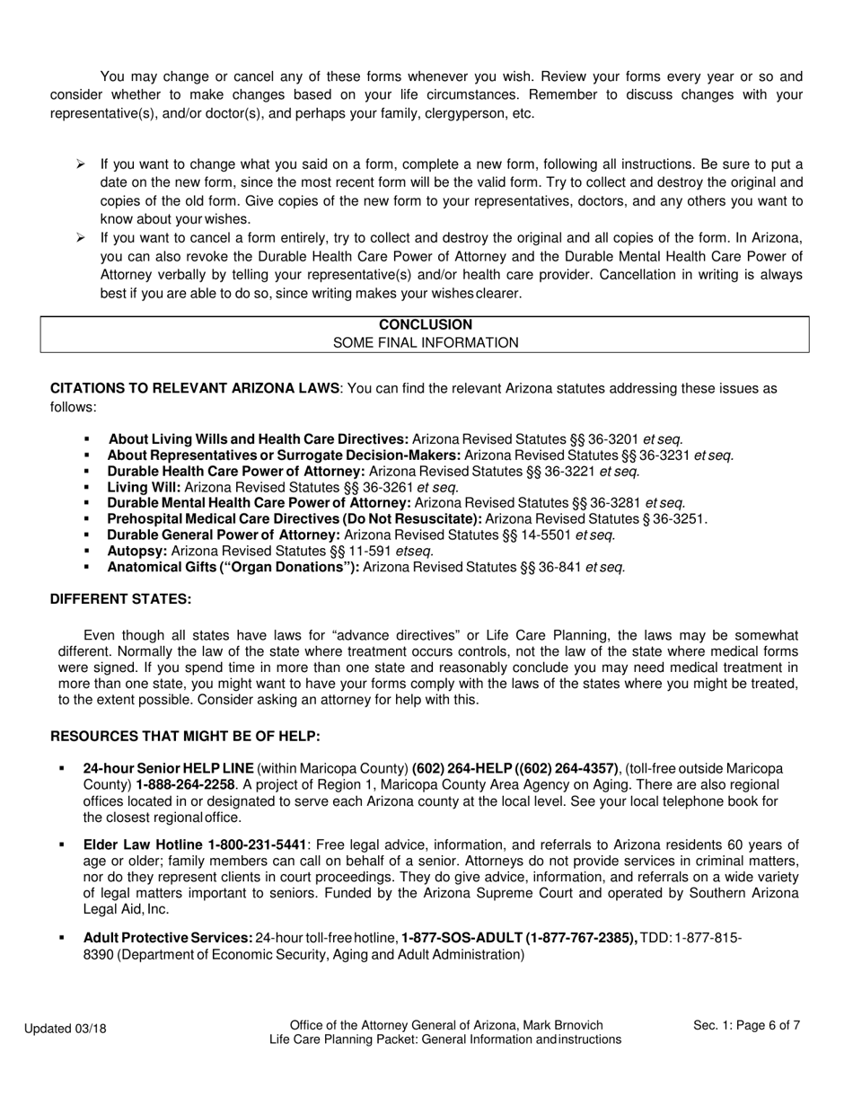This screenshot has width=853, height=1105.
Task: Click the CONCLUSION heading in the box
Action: (425, 324)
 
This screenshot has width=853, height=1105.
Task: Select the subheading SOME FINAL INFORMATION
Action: (425, 342)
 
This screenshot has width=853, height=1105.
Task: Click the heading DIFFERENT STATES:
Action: (120, 599)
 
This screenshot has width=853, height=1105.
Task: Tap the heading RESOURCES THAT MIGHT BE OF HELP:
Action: (185, 736)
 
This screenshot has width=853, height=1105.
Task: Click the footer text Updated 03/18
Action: (66, 1029)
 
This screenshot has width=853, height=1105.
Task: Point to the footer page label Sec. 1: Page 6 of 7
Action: (746, 1025)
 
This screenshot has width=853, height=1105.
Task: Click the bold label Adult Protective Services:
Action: (168, 938)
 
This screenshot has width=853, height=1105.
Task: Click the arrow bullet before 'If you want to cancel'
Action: (81, 238)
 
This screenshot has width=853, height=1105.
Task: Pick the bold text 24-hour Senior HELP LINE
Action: (168, 769)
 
